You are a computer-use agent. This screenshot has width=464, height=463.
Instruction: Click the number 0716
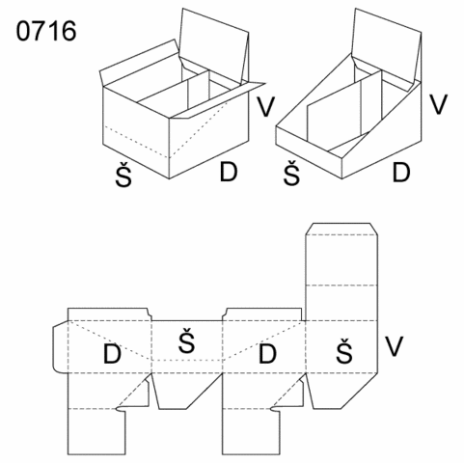coord(46,31)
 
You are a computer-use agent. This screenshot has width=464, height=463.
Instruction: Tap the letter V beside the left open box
coord(265,106)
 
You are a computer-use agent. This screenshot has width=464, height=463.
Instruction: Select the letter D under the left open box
coord(229,172)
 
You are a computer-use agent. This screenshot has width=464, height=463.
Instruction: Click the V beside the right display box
coord(439,104)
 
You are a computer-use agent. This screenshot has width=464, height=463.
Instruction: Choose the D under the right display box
coord(401,173)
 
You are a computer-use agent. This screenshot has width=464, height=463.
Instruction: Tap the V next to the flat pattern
coord(394,346)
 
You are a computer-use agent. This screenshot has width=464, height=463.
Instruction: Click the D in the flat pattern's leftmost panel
coord(112,354)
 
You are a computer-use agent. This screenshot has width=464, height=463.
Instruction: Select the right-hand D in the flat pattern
coord(267,354)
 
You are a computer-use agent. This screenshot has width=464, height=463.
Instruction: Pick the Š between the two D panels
coord(187,340)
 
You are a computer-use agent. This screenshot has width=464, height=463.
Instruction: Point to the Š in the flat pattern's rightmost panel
coord(344,350)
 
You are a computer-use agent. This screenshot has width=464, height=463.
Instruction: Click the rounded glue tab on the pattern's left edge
coord(60,347)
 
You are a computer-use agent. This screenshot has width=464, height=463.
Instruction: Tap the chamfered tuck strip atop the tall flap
coord(341,229)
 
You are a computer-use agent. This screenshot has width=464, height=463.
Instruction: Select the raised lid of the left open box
coord(214,45)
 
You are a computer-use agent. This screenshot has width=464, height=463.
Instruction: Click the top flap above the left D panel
coord(109,314)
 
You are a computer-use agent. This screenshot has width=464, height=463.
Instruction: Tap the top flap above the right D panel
coord(262,314)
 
